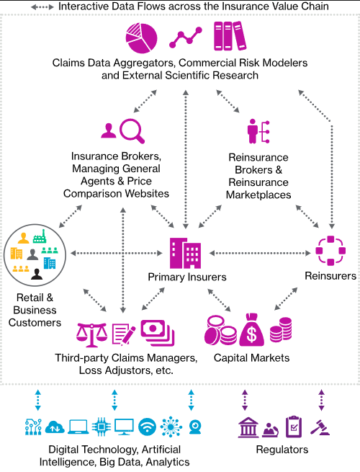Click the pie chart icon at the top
tap(141, 38)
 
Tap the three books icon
tap(230, 36)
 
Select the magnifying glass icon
tap(132, 131)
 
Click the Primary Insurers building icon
tap(185, 253)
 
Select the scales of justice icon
tap(91, 335)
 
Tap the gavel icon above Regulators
tap(320, 427)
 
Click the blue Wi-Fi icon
tap(147, 427)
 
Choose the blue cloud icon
tap(55, 427)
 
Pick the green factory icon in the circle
tap(40, 236)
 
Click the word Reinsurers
tap(330, 276)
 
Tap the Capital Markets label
tap(251, 358)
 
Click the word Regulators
tap(282, 450)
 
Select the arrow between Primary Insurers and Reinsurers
tap(260, 253)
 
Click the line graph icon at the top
tap(186, 37)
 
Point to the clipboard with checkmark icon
tap(294, 427)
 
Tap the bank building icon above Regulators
tap(248, 427)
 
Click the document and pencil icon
tap(124, 334)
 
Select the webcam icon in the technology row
tap(195, 427)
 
